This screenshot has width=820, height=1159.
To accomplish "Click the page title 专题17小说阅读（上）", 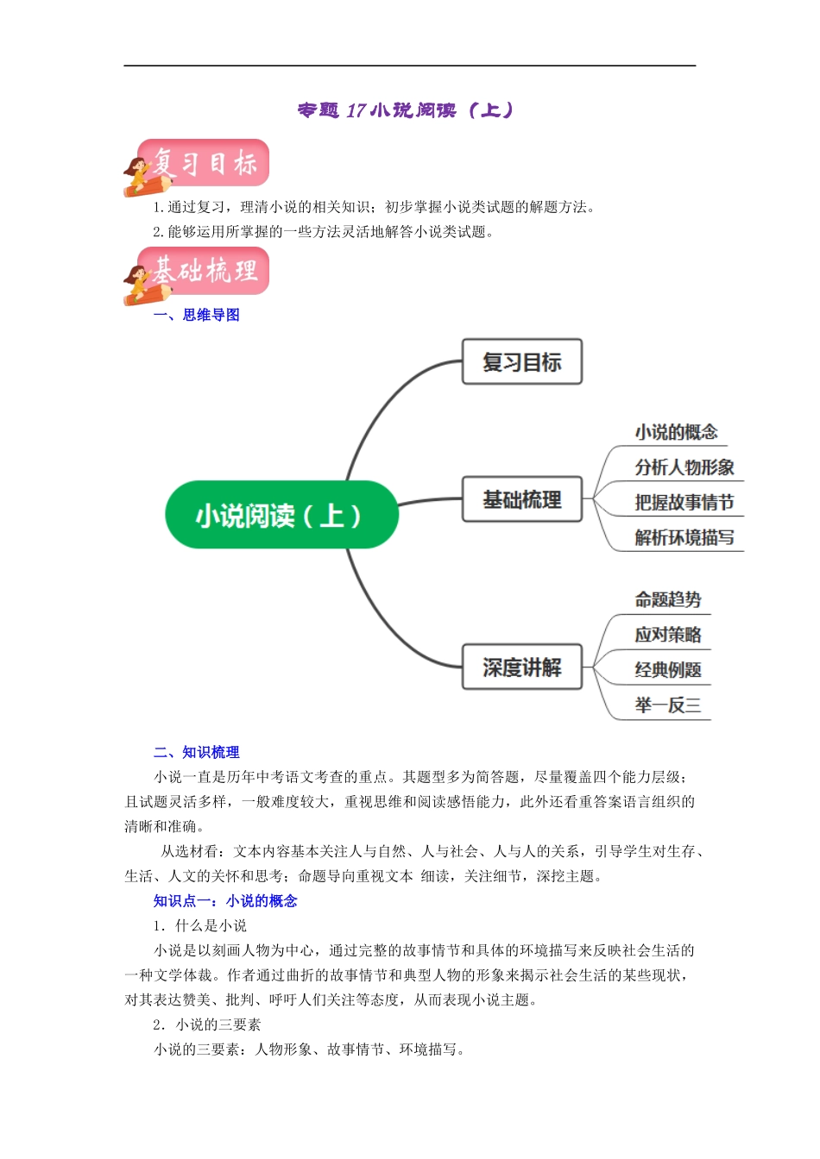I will (406, 110).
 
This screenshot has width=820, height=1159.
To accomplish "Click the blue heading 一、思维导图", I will (197, 315).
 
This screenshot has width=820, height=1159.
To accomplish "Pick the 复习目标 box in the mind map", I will (522, 362).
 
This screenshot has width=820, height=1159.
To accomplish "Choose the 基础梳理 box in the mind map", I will (522, 499).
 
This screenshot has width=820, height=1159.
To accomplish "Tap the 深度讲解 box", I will (522, 667).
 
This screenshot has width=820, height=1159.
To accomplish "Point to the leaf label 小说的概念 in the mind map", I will (676, 432).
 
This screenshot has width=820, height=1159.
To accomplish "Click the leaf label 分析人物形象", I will (684, 467).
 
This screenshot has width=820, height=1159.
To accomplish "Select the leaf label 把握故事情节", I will (684, 503).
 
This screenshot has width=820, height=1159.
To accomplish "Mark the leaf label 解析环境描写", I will (684, 538).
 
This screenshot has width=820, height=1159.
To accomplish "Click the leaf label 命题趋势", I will (668, 599).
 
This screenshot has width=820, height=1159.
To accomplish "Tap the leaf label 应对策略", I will (668, 635).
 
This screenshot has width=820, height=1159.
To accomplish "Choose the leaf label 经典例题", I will (668, 670).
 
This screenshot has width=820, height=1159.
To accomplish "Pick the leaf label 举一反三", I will (668, 705).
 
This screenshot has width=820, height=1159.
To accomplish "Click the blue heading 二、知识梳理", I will (197, 752).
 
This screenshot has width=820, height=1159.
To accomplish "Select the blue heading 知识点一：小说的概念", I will (225, 900).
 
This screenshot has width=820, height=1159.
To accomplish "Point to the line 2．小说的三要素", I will (207, 1024).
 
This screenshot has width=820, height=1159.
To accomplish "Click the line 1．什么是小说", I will (200, 925).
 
